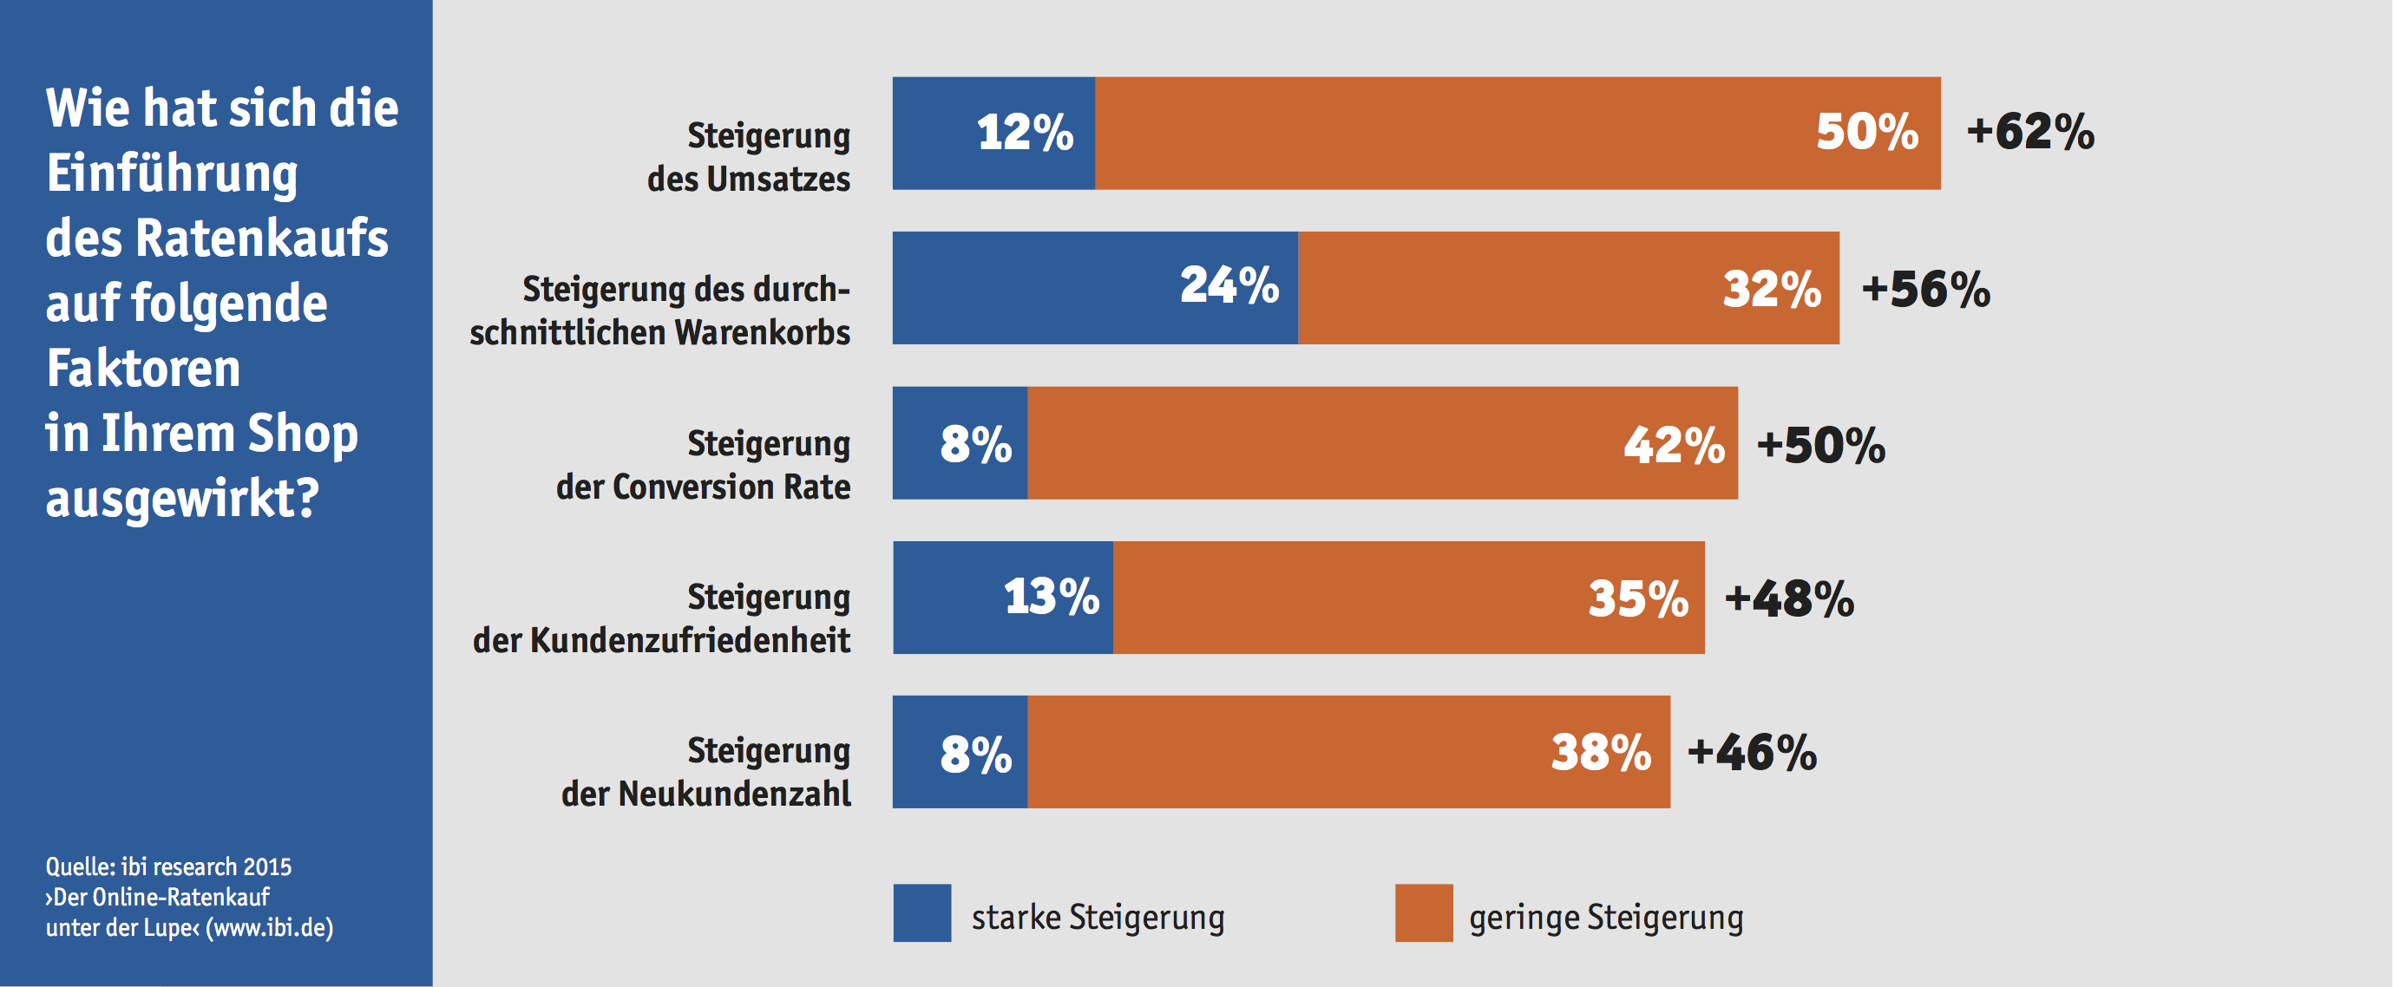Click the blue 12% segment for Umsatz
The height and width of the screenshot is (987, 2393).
pyautogui.click(x=993, y=133)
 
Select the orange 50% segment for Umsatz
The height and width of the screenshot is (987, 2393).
pyautogui.click(x=1517, y=133)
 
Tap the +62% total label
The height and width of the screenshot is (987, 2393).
pyautogui.click(x=2029, y=131)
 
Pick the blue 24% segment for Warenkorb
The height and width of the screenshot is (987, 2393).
pyautogui.click(x=1094, y=287)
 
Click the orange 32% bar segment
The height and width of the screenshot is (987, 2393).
pyautogui.click(x=1568, y=287)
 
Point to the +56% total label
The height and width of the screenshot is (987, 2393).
pyautogui.click(x=1925, y=289)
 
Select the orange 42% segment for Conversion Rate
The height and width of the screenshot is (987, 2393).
pyautogui.click(x=1382, y=443)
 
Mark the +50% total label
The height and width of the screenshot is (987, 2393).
pyautogui.click(x=1820, y=445)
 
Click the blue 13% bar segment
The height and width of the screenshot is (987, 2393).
pyautogui.click(x=1002, y=597)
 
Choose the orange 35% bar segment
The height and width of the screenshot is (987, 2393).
pyautogui.click(x=1408, y=597)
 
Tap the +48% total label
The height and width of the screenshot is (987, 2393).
pyautogui.click(x=1789, y=599)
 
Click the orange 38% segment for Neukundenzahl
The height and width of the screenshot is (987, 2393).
pyautogui.click(x=1349, y=751)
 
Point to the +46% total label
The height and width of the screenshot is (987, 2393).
pyautogui.click(x=1752, y=752)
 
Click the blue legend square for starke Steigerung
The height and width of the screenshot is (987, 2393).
pyautogui.click(x=921, y=912)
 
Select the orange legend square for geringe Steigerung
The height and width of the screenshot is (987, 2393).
pyautogui.click(x=1423, y=912)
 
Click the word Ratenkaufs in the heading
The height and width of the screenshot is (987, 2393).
pyautogui.click(x=262, y=238)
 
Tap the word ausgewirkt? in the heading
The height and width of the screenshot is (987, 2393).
pyautogui.click(x=182, y=499)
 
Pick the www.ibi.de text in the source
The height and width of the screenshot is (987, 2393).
pyautogui.click(x=271, y=927)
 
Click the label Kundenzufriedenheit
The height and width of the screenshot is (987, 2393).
pyautogui.click(x=689, y=641)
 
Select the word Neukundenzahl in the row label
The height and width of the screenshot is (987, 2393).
pyautogui.click(x=734, y=794)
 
